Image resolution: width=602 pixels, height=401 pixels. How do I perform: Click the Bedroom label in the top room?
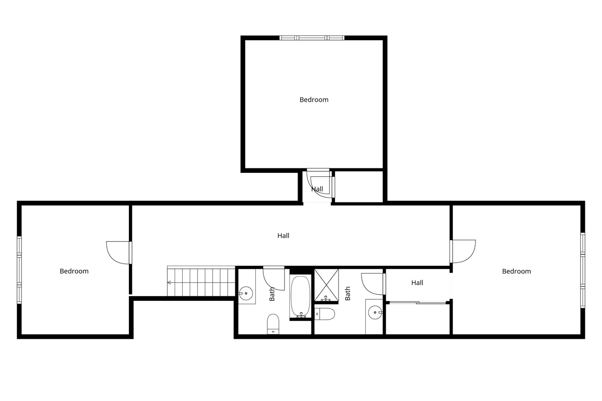point(314,100)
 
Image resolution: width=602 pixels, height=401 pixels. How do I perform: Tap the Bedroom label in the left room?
point(74,271)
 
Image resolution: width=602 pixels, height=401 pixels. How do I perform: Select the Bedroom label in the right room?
point(517,271)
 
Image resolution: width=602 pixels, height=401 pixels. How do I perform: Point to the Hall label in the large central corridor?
point(283,236)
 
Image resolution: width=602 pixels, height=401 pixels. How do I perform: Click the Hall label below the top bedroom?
point(317,189)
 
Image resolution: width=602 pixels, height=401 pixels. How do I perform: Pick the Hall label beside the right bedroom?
point(417,283)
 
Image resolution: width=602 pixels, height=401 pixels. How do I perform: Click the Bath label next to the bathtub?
point(272,294)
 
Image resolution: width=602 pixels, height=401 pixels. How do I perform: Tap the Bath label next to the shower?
point(348,293)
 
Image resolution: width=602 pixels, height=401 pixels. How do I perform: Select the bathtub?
point(300,297)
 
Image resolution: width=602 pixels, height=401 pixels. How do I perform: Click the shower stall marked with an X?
point(327,285)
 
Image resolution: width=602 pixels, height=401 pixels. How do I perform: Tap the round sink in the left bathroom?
point(246,293)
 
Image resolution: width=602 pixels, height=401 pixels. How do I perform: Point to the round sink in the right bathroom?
point(375,313)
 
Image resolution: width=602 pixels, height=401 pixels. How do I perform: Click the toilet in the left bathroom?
point(273,324)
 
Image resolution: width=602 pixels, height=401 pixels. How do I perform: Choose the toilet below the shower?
point(325,314)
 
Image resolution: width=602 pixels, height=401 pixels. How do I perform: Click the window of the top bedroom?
point(312,38)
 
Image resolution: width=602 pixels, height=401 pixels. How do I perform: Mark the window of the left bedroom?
point(19,270)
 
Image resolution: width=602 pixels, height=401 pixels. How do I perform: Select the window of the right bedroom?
point(582,270)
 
